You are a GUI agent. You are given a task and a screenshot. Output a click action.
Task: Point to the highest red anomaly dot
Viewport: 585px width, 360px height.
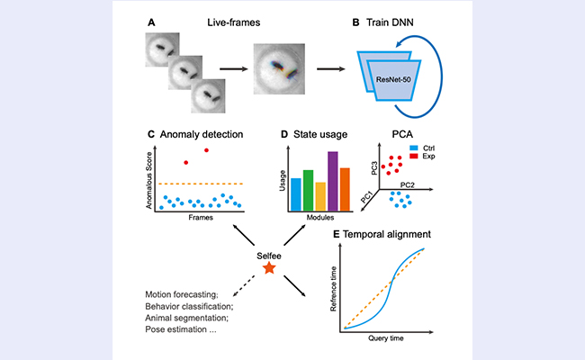tap(207, 149)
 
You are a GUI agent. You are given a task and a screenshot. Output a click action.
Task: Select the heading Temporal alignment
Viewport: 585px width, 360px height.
tap(389, 235)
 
